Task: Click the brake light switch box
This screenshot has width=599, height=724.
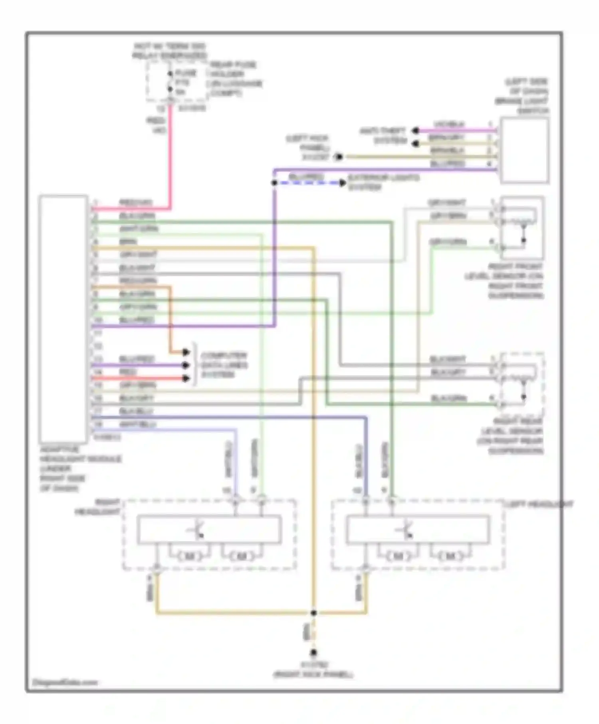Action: [x=524, y=150]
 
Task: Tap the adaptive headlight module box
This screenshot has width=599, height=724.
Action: [x=63, y=318]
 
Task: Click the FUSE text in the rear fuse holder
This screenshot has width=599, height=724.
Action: [x=186, y=73]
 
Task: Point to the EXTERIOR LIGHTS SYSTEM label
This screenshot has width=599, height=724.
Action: [x=383, y=182]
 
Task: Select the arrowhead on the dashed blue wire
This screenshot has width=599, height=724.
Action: [x=343, y=183]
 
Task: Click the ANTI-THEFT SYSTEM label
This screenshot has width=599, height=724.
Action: [x=383, y=136]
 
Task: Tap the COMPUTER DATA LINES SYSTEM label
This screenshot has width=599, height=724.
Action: [x=224, y=365]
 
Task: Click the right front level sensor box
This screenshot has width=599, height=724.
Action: [x=522, y=228]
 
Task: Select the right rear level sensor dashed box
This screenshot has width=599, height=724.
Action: [x=522, y=384]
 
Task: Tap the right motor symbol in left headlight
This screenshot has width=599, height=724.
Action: [x=450, y=556]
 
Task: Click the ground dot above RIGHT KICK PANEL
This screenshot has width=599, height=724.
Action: [x=313, y=653]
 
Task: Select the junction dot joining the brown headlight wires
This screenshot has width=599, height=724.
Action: [x=313, y=613]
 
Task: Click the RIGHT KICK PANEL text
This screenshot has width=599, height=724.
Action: [x=313, y=675]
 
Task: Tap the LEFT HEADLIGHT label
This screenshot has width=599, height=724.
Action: [x=539, y=505]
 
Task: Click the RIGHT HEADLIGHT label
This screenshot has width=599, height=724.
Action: [x=98, y=506]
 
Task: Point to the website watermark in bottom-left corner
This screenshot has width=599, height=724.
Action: [x=64, y=682]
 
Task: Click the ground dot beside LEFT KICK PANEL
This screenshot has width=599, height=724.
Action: [x=339, y=157]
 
